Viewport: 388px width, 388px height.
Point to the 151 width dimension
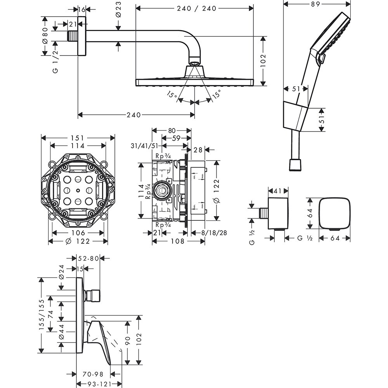pyautogui.click(x=78, y=138)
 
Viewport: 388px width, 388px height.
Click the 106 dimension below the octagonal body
pyautogui.click(x=78, y=233)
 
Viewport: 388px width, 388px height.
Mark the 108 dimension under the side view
pyautogui.click(x=178, y=241)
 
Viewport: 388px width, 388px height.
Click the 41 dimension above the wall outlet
pyautogui.click(x=278, y=191)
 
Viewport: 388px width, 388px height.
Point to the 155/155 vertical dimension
pyautogui.click(x=42, y=315)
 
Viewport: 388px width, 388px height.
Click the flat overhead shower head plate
pyautogui.click(x=194, y=82)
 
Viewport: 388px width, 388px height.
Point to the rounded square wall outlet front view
pyautogui.click(x=334, y=213)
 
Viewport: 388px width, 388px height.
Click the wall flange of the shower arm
pyautogui.click(x=81, y=36)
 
